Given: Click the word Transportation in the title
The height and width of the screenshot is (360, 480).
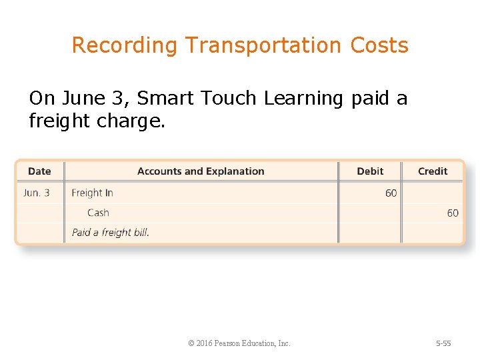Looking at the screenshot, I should pyautogui.click(x=264, y=45).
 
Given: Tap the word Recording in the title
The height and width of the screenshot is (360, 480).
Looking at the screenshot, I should pyautogui.click(x=125, y=45).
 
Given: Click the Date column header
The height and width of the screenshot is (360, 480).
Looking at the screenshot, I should pyautogui.click(x=39, y=171).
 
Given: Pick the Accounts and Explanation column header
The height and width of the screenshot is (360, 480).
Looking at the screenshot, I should pyautogui.click(x=201, y=171).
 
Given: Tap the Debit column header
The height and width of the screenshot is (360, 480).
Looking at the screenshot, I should pyautogui.click(x=370, y=171).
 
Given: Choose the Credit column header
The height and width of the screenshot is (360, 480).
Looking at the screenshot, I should pyautogui.click(x=433, y=171).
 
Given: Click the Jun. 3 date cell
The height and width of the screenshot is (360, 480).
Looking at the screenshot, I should pyautogui.click(x=37, y=193).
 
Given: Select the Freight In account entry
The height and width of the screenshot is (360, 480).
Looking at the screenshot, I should pyautogui.click(x=92, y=193).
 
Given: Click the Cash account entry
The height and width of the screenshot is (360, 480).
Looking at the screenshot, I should pyautogui.click(x=98, y=213).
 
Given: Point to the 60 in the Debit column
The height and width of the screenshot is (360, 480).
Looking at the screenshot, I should pyautogui.click(x=391, y=193).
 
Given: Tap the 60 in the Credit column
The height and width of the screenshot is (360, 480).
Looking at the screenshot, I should pyautogui.click(x=453, y=213).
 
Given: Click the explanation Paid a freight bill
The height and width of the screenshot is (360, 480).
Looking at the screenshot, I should pyautogui.click(x=111, y=233).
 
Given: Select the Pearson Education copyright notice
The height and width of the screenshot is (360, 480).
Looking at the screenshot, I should pyautogui.click(x=239, y=343).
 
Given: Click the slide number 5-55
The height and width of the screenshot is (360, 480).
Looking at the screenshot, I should pyautogui.click(x=443, y=343).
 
